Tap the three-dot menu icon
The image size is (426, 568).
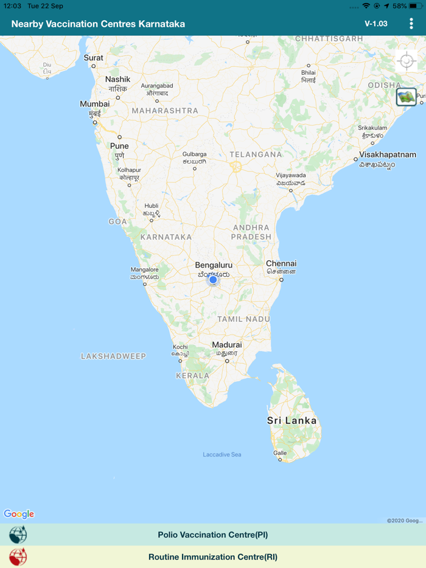[411, 24]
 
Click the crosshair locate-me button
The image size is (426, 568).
[406, 62]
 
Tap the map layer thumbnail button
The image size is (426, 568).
[406, 97]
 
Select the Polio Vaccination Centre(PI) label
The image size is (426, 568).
[212, 535]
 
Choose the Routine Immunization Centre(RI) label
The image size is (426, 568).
[212, 557]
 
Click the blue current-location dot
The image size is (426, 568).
[213, 279]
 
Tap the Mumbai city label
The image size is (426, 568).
[95, 104]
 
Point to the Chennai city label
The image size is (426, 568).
[281, 264]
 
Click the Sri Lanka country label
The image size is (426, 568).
[292, 420]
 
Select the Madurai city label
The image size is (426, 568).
[227, 345]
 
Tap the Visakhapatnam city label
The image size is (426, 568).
[387, 154]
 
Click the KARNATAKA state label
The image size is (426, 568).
[166, 237]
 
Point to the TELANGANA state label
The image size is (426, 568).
[256, 154]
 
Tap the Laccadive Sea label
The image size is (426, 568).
[222, 454]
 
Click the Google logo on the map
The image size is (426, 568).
[19, 514]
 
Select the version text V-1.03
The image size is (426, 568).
[376, 24]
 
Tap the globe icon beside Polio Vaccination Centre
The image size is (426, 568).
[18, 535]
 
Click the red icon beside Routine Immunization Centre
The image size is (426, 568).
[18, 557]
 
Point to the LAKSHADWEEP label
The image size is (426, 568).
[114, 356]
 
